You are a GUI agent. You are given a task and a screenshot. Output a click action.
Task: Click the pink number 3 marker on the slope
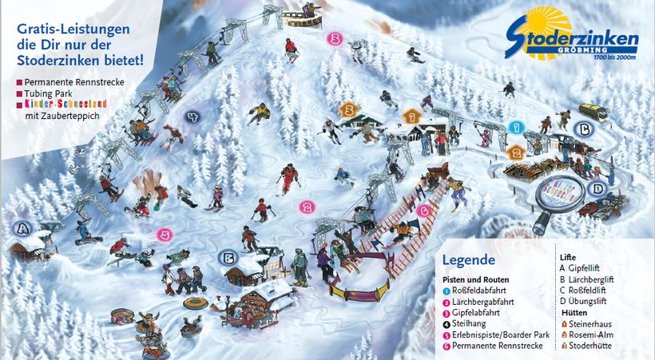point(335,38)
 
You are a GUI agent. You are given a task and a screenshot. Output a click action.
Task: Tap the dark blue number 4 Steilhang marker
point(192,117)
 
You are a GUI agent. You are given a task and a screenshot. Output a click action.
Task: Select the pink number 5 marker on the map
point(164,235)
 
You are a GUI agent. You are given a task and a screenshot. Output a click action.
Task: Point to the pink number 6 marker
point(424,211)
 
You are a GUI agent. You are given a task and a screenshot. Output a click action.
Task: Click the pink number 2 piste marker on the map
point(306,207)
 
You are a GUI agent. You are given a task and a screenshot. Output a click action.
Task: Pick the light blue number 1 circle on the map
point(516,127)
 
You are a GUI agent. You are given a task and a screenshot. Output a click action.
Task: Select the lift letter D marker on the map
point(595,189)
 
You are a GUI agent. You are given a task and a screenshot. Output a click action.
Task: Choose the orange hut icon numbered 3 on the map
point(347,109)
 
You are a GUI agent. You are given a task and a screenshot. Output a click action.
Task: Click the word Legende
point(468,259)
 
